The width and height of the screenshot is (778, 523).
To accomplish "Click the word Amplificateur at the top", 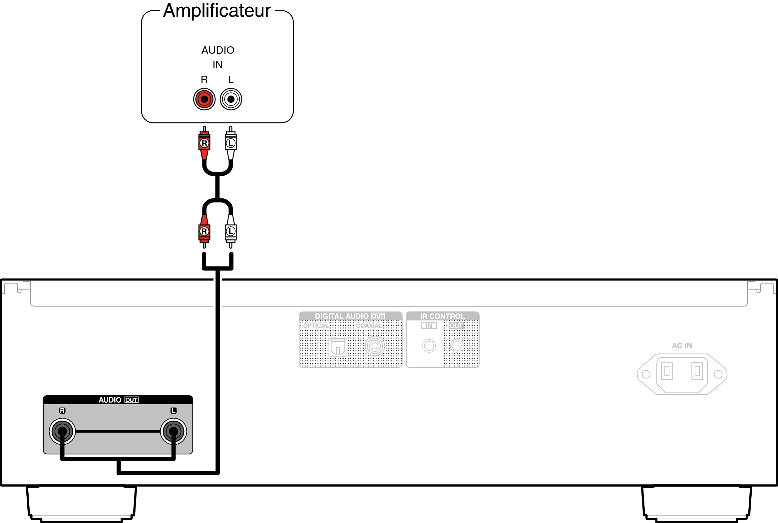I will click(x=217, y=11).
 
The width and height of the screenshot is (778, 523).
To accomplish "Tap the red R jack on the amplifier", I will click(x=204, y=99).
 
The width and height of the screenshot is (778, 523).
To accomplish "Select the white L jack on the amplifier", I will click(x=231, y=99).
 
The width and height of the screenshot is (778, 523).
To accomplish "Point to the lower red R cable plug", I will click(x=204, y=231).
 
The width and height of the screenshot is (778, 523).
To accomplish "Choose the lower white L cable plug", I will click(x=230, y=231).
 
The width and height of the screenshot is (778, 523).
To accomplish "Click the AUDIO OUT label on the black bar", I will click(x=118, y=400).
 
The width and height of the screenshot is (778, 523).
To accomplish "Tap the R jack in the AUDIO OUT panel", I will click(x=62, y=431).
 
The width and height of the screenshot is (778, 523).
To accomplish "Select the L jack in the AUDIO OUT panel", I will click(x=174, y=431).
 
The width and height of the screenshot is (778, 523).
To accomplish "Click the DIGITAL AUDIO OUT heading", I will click(x=350, y=316).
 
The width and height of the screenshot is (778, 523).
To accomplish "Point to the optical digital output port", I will click(x=338, y=347).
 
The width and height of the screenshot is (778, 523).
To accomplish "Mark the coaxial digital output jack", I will click(x=375, y=346).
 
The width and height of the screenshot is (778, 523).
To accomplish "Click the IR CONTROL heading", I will click(x=442, y=316).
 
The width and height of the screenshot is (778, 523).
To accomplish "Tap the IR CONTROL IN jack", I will click(x=429, y=346).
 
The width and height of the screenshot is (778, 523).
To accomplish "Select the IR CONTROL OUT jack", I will click(x=457, y=346).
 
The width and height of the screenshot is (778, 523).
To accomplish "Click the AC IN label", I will click(x=682, y=346).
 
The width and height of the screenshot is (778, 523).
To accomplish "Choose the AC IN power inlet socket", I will click(x=682, y=374).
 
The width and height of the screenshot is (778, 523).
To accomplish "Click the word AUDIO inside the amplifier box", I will click(x=218, y=50).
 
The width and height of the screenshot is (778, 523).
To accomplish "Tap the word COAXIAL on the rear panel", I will click(x=369, y=326).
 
